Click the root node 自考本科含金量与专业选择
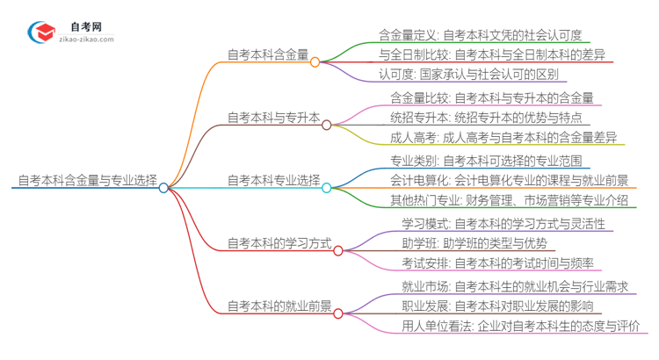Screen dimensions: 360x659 click(x=87, y=180)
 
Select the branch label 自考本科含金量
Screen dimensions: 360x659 click(x=267, y=54)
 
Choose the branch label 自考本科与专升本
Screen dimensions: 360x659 click(x=273, y=117)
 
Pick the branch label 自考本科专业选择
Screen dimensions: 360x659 click(x=273, y=180)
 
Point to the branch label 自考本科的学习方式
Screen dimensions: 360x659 click(x=279, y=243)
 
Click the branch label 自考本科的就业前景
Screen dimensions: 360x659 click(x=279, y=306)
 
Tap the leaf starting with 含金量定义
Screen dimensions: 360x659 click(x=480, y=35)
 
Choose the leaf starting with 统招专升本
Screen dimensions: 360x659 click(x=485, y=117)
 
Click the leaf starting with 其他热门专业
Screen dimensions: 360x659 click(x=510, y=200)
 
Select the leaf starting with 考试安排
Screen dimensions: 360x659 click(x=497, y=263)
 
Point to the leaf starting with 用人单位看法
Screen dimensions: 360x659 click(x=519, y=327)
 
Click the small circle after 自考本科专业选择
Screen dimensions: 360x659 click(x=327, y=187)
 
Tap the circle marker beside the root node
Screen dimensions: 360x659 click(x=163, y=187)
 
